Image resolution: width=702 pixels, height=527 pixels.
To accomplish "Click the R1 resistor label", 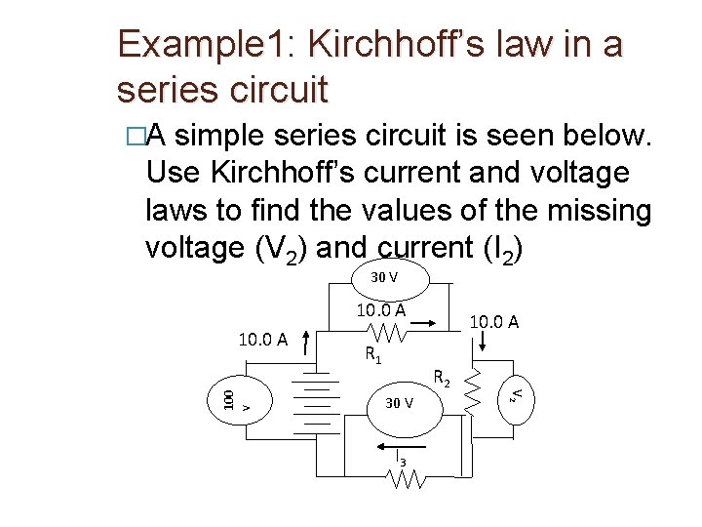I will (x=372, y=356).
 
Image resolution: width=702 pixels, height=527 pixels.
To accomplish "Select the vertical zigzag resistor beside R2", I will (x=474, y=390).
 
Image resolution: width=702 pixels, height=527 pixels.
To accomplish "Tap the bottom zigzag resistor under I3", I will (x=406, y=479).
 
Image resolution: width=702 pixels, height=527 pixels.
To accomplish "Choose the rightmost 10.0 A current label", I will (x=494, y=320).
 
